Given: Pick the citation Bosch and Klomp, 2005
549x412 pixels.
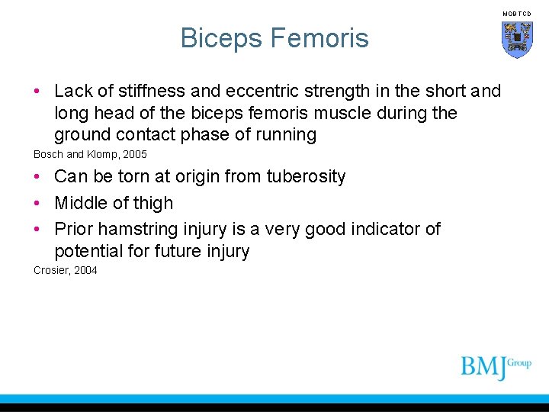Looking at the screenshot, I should (x=90, y=154).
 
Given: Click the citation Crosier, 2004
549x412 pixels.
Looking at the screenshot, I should (x=66, y=270).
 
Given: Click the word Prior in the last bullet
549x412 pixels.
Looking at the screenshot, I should (x=74, y=229).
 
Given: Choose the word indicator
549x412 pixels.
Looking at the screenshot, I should (x=374, y=229).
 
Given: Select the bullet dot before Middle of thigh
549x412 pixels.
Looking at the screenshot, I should (x=37, y=203).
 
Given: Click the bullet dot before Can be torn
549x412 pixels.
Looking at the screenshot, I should (x=37, y=177).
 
